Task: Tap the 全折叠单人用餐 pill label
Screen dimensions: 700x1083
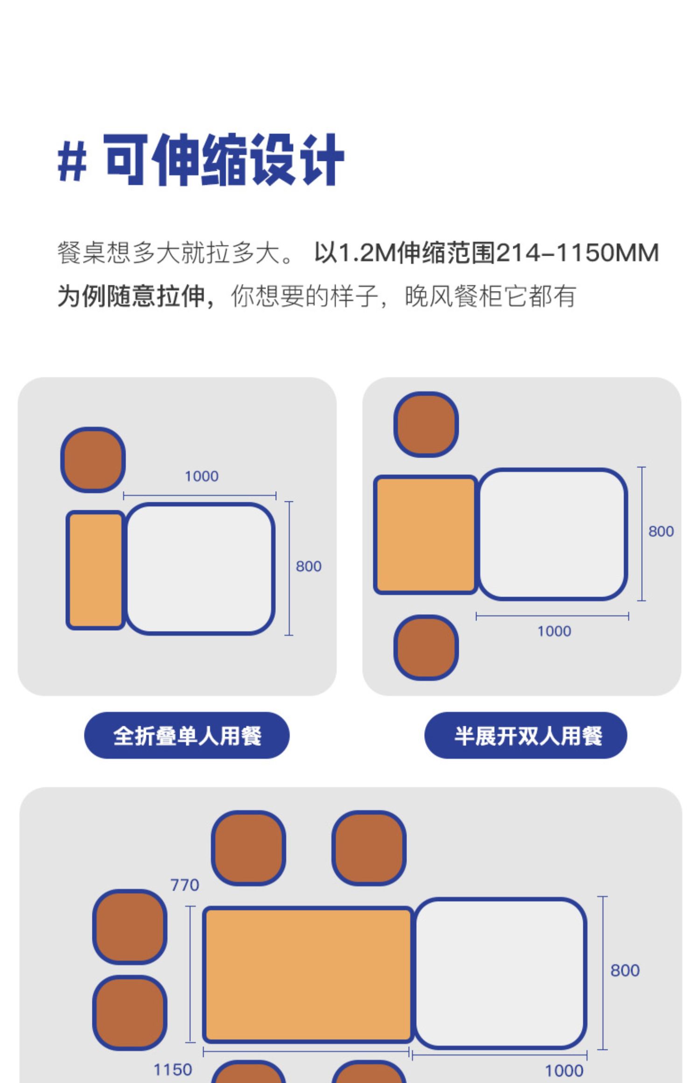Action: point(187,736)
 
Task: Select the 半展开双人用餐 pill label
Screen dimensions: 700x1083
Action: point(526,736)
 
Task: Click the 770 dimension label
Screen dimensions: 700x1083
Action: point(184,885)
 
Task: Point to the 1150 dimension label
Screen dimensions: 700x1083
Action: point(173,1069)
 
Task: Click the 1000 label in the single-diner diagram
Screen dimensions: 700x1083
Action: point(202,476)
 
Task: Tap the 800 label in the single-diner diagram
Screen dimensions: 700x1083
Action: point(308,566)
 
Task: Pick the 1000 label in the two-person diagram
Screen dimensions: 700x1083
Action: point(554,632)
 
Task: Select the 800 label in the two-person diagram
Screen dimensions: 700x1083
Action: point(661,531)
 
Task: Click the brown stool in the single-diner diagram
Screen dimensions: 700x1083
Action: point(93,459)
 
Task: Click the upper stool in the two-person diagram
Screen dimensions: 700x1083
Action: point(426,424)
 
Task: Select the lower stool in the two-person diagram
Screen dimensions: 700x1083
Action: point(426,647)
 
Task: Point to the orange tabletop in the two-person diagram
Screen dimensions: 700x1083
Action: point(426,535)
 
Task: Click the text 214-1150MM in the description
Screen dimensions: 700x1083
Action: point(577,253)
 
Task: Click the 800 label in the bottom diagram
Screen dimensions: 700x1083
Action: point(625,971)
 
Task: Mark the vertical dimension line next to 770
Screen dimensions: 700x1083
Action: point(190,974)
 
